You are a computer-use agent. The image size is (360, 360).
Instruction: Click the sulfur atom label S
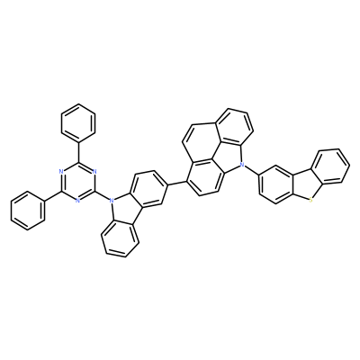[x=310, y=199]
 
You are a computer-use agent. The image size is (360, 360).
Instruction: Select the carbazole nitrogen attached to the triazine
[x=112, y=199]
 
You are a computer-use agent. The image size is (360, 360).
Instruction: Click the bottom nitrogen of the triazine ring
[x=78, y=201]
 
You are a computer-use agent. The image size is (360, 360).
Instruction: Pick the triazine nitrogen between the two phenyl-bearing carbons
[x=61, y=172]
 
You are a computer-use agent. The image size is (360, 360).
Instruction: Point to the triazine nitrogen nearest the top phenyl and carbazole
[x=94, y=172]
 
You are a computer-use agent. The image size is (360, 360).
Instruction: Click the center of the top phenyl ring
[x=78, y=123]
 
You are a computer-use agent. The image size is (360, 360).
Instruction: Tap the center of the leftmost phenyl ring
[x=28, y=211]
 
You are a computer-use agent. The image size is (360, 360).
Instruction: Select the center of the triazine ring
[x=78, y=182]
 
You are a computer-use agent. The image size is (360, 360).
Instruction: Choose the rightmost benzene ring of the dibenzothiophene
[x=331, y=166]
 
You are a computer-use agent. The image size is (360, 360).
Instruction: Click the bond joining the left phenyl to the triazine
[x=53, y=196]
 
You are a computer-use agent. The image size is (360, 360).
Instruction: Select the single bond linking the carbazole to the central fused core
[x=176, y=183]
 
